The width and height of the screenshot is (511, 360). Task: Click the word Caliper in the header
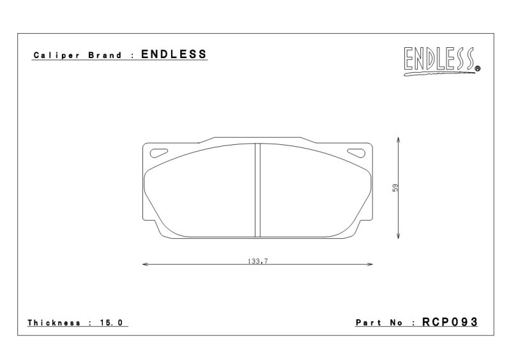[56, 56]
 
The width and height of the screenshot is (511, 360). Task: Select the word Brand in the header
[105, 55]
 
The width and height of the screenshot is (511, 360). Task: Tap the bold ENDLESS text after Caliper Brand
[174, 54]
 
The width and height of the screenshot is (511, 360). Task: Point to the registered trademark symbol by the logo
[478, 68]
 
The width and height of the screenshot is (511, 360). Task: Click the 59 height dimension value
[395, 188]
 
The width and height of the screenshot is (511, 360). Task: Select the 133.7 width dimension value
[257, 261]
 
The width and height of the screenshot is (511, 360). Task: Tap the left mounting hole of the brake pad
[158, 153]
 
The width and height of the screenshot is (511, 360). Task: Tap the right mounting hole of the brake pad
[356, 153]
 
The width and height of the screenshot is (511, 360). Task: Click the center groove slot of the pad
[257, 190]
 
